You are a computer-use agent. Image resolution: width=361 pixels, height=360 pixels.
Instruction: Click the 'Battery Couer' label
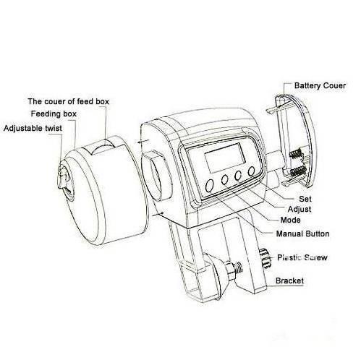point(320,85)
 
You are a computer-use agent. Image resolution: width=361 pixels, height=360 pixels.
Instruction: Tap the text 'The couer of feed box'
point(68,101)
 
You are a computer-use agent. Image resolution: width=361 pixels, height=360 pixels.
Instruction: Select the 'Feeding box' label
point(54,113)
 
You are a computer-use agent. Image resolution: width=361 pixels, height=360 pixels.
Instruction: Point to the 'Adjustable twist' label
point(33,128)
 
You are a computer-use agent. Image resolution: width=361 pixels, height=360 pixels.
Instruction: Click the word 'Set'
point(305,199)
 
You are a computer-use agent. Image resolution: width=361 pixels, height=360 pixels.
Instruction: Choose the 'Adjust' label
point(300,209)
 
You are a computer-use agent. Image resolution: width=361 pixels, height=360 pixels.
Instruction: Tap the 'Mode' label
point(290,220)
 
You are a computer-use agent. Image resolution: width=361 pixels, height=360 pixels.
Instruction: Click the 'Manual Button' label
point(302,233)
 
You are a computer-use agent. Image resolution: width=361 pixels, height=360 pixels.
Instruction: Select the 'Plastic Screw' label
point(302,257)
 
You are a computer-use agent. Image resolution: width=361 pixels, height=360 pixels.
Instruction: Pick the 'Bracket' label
point(289,280)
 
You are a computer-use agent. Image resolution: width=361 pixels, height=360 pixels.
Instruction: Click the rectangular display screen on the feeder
point(225,158)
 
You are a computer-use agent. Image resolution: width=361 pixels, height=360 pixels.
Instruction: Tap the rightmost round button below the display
point(251,171)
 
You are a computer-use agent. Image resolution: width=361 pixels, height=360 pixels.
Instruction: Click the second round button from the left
point(225,179)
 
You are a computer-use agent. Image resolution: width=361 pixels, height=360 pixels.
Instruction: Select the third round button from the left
point(238,175)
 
